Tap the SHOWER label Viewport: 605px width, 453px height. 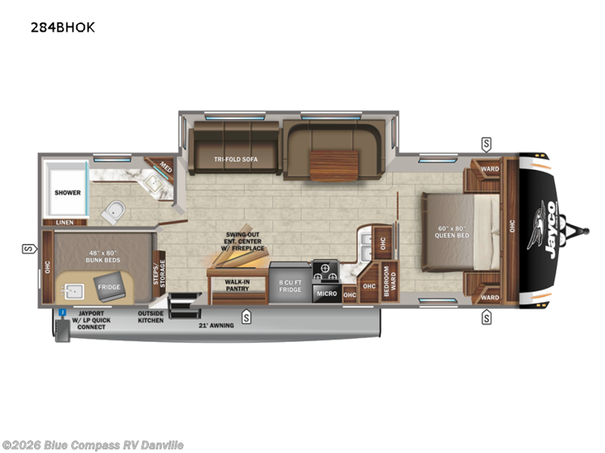pyautogui.click(x=67, y=193)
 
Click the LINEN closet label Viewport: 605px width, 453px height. pyautogui.click(x=65, y=222)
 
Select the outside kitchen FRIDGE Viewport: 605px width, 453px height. pyautogui.click(x=108, y=288)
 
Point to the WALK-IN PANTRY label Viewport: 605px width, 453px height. pyautogui.click(x=237, y=285)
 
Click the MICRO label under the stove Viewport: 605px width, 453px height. pyautogui.click(x=326, y=292)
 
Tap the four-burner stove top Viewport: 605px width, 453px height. pyautogui.click(x=325, y=270)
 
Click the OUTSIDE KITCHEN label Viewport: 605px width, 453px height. pyautogui.click(x=150, y=316)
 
